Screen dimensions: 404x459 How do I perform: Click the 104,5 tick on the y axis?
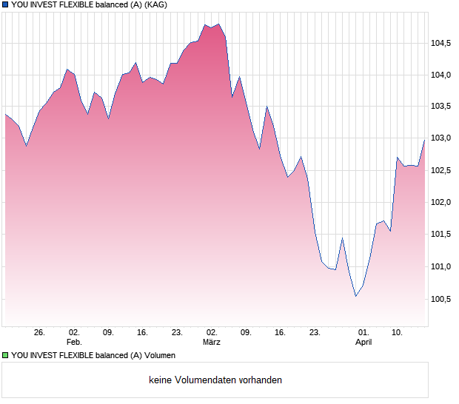pos(442,43)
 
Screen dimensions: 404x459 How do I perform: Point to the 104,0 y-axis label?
pos(442,75)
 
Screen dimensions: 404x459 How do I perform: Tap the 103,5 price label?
pos(442,107)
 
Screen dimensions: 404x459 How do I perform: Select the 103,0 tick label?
pos(442,138)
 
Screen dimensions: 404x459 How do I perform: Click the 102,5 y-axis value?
pos(442,170)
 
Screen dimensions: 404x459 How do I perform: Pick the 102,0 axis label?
pos(442,202)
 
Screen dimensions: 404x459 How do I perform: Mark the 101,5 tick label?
pos(442,235)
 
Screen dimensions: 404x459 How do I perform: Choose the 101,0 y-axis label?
pos(442,266)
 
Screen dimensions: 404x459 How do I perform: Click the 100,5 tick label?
pos(442,299)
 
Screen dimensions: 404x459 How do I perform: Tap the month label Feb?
pos(73,343)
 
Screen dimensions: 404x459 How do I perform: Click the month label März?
pos(212,343)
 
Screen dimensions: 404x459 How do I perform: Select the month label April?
pos(363,343)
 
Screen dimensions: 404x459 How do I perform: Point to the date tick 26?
pos(39,333)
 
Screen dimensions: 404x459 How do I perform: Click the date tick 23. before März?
pos(177,333)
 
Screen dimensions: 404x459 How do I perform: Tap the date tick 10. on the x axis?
pos(397,333)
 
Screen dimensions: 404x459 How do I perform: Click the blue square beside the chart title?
pos(5,4)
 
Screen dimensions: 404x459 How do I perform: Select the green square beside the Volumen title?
pos(5,355)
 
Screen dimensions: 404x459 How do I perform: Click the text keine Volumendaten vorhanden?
pos(215,380)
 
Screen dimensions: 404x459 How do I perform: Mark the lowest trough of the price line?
pos(356,297)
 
